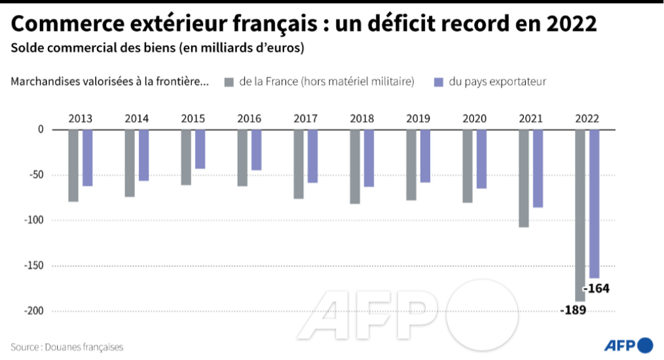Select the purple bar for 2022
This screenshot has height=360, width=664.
pyautogui.click(x=594, y=204)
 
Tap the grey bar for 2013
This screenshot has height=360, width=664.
pyautogui.click(x=73, y=165)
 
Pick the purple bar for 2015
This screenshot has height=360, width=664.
pyautogui.click(x=200, y=149)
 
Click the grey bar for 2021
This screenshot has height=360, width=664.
pyautogui.click(x=524, y=178)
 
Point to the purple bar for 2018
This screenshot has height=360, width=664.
pyautogui.click(x=369, y=158)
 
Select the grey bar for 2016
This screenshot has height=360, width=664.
pyautogui.click(x=242, y=158)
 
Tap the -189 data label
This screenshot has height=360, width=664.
pyautogui.click(x=573, y=310)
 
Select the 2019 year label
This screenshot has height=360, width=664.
pyautogui.click(x=418, y=118)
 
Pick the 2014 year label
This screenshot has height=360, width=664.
pyautogui.click(x=136, y=118)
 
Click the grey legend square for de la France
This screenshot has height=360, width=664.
pyautogui.click(x=229, y=82)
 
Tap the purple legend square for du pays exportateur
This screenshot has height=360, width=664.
pyautogui.click(x=439, y=82)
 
